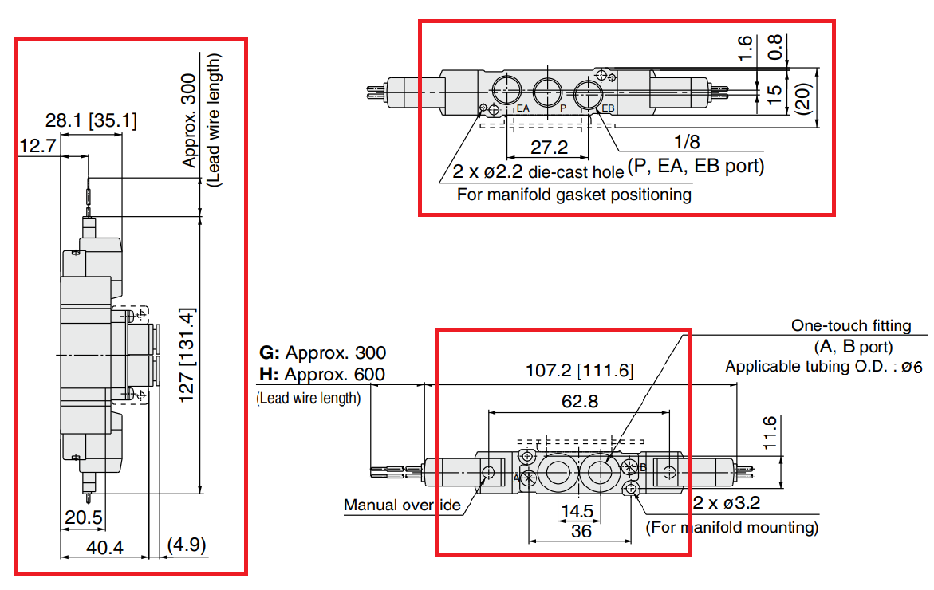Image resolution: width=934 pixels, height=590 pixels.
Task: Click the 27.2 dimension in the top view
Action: coord(550,147)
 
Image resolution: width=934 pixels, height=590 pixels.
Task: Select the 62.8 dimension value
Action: coord(580,401)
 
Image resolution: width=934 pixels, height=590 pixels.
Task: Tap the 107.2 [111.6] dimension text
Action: coord(579,371)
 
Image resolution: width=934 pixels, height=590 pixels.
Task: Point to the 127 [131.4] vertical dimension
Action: coord(187,356)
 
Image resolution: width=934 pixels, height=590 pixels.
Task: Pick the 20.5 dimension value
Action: coord(84,518)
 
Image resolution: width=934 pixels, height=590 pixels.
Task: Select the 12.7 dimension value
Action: coord(37,145)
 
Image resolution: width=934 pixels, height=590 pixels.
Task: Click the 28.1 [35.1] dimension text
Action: coord(91,121)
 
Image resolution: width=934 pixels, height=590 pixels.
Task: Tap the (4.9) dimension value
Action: coord(187,546)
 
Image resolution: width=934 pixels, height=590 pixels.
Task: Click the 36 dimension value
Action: coord(581,530)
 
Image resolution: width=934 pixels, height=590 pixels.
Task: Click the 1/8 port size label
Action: coord(687,142)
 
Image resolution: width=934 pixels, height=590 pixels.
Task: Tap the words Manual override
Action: coord(402,505)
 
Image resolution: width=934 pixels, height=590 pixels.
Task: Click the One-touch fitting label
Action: coord(850,325)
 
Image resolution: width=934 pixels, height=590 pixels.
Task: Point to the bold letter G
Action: coord(267,352)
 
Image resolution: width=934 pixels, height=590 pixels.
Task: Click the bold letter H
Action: coord(267,374)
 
